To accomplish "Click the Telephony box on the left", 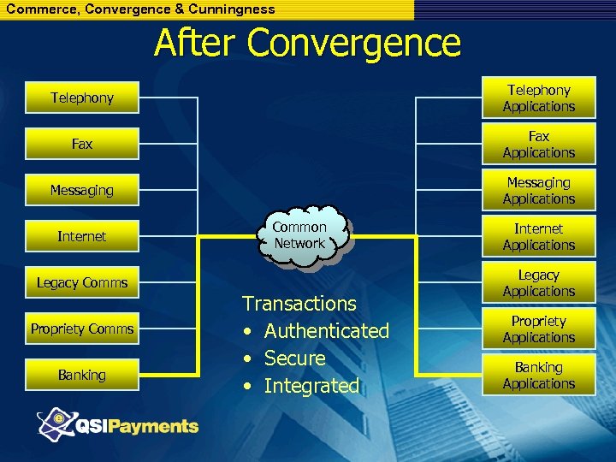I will point(81,98).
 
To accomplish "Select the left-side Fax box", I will point(81,144).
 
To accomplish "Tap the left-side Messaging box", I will point(81,190).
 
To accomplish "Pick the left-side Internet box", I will point(81,236).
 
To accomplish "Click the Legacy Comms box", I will point(81,282).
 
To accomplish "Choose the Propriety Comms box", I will point(81,329).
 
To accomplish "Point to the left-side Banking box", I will point(81,375).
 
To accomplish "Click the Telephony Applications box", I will point(538,98).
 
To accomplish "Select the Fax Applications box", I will point(538,144).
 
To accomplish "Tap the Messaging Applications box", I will point(538,190).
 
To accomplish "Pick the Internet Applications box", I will point(538,236).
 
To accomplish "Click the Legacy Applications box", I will point(538,282).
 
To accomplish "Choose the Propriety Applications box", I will point(538,329).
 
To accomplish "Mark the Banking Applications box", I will point(538,375).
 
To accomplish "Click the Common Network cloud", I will point(299,234).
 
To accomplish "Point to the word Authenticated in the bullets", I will point(326,331).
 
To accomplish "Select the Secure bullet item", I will point(294,358).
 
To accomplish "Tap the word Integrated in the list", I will point(311,386).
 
